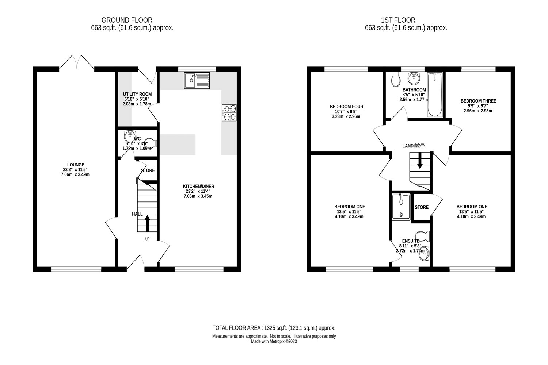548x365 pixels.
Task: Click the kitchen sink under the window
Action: (x=197, y=80)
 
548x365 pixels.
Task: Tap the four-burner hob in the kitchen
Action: (x=229, y=112)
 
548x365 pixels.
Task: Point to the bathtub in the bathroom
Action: (x=434, y=95)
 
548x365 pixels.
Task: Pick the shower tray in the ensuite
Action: (x=401, y=207)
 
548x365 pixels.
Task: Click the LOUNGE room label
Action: (x=76, y=165)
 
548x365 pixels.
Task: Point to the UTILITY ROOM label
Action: (x=137, y=94)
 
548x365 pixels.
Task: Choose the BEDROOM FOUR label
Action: (x=346, y=107)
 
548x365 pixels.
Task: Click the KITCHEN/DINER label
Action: (x=198, y=187)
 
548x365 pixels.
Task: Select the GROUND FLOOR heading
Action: (x=127, y=20)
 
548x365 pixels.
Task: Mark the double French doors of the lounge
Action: (x=76, y=62)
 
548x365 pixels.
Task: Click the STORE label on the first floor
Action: (x=421, y=207)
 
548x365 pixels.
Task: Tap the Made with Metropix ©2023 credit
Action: (x=274, y=342)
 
